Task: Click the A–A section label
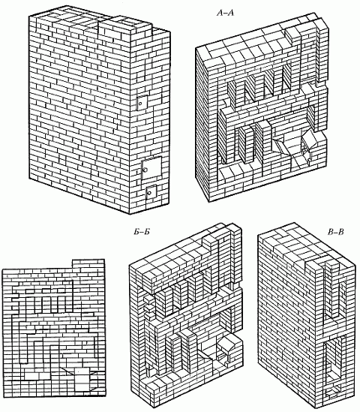(225, 13)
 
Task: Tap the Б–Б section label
(142, 232)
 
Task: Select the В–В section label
(336, 231)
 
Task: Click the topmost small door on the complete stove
(142, 103)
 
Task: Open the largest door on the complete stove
(151, 168)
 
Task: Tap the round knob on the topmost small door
(140, 104)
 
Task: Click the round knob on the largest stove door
(145, 170)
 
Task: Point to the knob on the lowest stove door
(149, 193)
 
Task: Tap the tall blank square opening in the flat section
(82, 379)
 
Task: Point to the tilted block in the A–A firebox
(309, 140)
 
